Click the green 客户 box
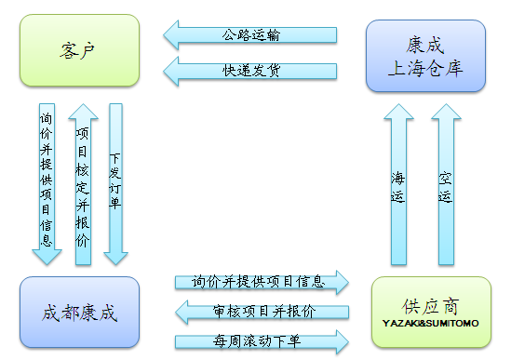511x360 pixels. pyautogui.click(x=79, y=52)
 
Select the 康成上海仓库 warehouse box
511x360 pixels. pyautogui.click(x=424, y=56)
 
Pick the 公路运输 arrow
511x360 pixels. pyautogui.click(x=251, y=35)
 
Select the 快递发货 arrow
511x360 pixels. pyautogui.click(x=251, y=70)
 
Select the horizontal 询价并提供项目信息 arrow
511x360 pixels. pyautogui.click(x=261, y=281)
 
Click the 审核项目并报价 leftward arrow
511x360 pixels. pyautogui.click(x=261, y=312)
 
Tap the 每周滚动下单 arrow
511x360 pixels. pyautogui.click(x=261, y=340)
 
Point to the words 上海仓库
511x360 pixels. pyautogui.click(x=424, y=68)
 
